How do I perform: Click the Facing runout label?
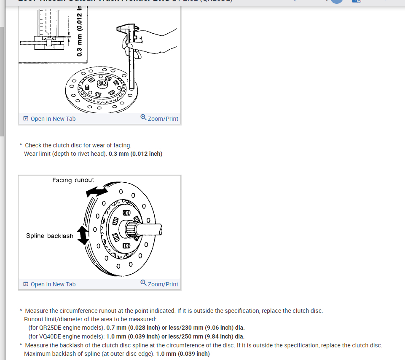pyautogui.click(x=73, y=180)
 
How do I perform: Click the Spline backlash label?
pyautogui.click(x=50, y=236)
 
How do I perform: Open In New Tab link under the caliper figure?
pyautogui.click(x=50, y=119)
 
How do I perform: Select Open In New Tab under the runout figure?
pyautogui.click(x=50, y=284)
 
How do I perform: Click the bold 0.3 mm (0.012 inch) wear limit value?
pyautogui.click(x=135, y=154)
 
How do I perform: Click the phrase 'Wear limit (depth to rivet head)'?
pyautogui.click(x=65, y=154)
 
